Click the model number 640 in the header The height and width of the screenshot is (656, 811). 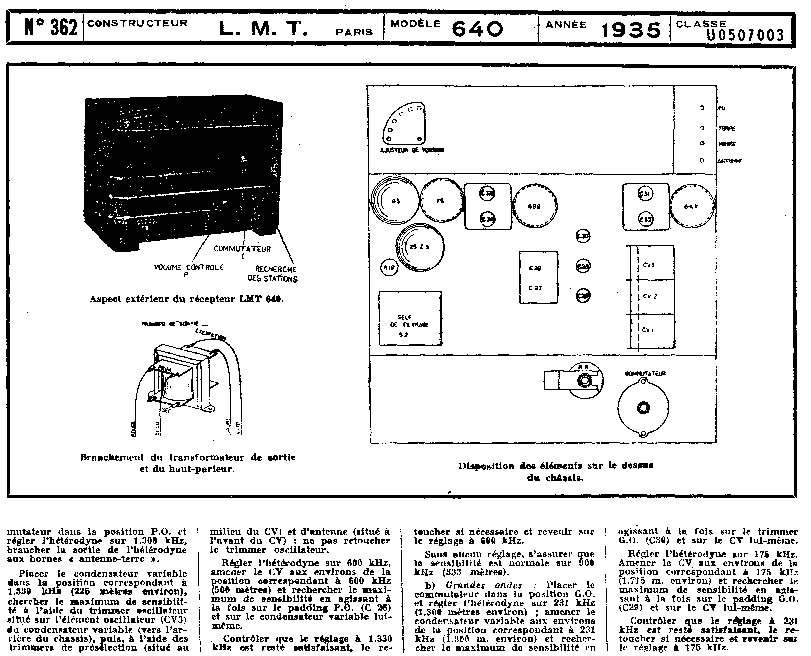click(x=477, y=29)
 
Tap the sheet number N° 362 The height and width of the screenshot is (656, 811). click(x=51, y=27)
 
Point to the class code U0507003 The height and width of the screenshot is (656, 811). click(x=745, y=35)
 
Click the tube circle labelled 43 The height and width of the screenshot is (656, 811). click(x=395, y=201)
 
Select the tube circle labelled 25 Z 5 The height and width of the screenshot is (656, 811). click(x=420, y=247)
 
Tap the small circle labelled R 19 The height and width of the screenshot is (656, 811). click(x=389, y=267)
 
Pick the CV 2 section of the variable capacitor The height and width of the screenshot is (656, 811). click(x=650, y=297)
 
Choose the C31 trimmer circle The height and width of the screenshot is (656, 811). click(x=646, y=194)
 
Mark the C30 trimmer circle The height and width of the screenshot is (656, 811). click(x=583, y=236)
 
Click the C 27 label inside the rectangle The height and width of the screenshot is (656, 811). click(x=535, y=288)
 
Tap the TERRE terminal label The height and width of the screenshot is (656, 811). click(x=727, y=129)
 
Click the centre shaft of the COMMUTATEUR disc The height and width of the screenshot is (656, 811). click(x=643, y=407)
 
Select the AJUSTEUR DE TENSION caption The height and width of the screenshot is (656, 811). click(x=412, y=150)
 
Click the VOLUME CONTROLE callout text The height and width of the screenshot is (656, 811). click(x=188, y=267)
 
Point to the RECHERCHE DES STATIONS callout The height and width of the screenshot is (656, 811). click(x=273, y=274)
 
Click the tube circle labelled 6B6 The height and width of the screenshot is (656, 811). click(x=534, y=206)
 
